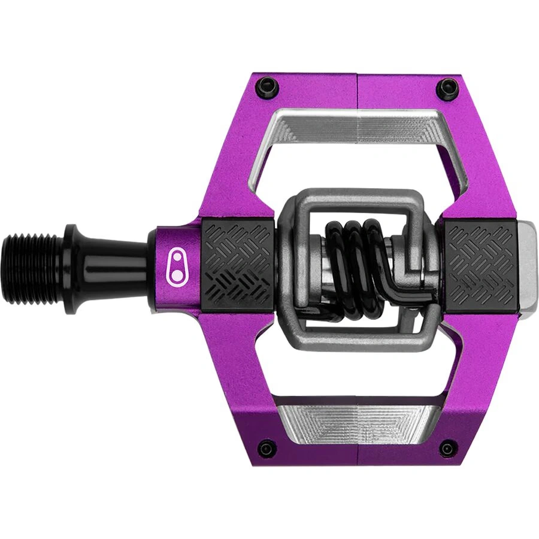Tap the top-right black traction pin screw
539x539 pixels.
click(x=446, y=89)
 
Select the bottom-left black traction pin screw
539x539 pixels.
click(x=266, y=447)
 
